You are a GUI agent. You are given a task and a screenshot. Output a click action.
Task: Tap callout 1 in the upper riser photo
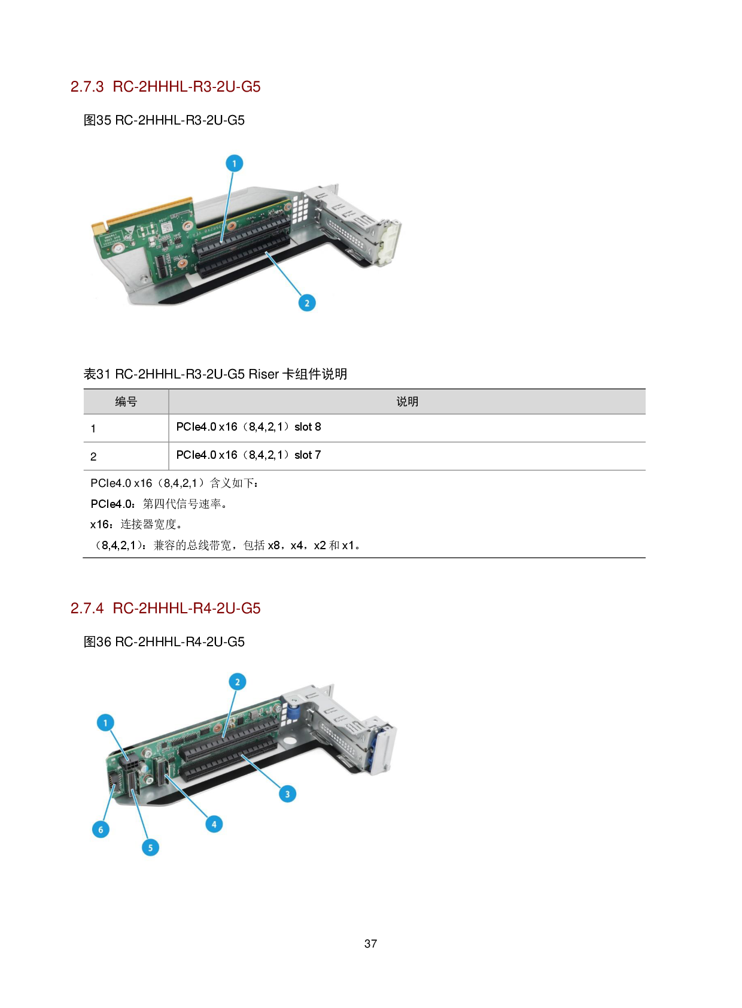[x=234, y=164]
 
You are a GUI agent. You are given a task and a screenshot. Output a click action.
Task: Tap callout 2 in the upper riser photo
[x=307, y=303]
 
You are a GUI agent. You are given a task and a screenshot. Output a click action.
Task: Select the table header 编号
[x=126, y=402]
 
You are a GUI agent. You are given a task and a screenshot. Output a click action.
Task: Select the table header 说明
[x=407, y=402]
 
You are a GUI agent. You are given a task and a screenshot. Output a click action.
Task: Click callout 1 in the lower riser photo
[x=106, y=723]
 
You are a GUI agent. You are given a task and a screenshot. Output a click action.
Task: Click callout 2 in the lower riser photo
[x=238, y=682]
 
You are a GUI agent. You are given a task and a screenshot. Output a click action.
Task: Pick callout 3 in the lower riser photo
[x=287, y=794]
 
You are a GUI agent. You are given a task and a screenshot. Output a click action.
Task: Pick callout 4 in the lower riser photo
[x=214, y=824]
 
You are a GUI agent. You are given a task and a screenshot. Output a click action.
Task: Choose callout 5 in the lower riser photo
[x=150, y=847]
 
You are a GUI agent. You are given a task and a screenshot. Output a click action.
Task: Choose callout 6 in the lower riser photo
[x=101, y=830]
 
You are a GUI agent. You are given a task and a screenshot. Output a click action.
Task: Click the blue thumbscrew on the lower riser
[x=294, y=713]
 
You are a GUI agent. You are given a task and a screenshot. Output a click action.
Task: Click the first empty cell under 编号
[x=126, y=428]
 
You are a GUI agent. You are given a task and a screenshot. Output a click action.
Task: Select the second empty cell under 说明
[x=407, y=456]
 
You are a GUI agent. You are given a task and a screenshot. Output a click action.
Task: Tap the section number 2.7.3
[x=87, y=87]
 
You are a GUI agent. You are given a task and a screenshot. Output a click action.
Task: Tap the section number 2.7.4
[x=87, y=609]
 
